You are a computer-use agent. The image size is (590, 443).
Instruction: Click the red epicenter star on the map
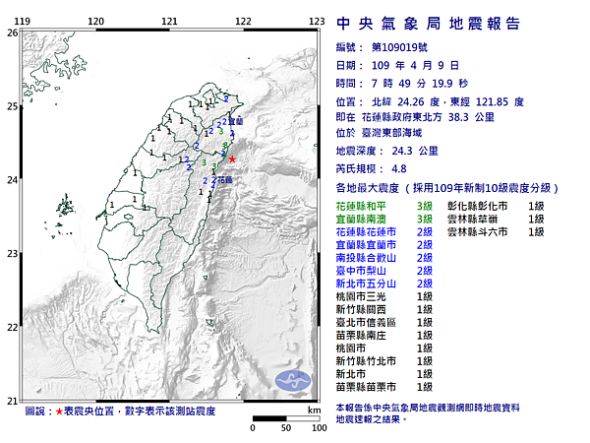click(232, 158)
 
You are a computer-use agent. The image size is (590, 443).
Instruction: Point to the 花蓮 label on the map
click(226, 180)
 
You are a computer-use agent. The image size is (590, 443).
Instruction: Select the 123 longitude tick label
click(317, 21)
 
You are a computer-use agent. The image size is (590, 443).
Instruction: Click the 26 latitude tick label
click(12, 32)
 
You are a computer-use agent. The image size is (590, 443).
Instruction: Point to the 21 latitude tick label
click(12, 400)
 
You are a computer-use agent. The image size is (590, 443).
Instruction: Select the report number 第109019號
click(403, 46)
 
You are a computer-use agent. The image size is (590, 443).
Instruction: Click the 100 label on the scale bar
click(316, 428)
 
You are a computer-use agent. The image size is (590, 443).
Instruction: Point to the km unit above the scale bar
click(314, 410)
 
